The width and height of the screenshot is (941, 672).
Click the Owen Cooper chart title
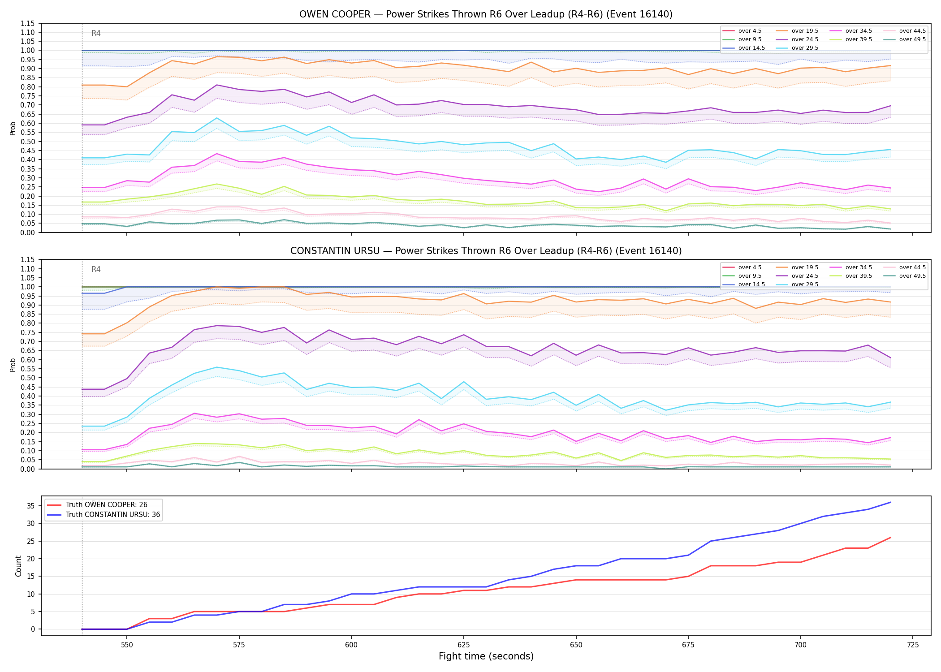486,14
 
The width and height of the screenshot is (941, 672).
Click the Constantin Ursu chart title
486,251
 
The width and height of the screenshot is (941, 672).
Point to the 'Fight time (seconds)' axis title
486,656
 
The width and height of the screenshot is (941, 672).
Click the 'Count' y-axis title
18,566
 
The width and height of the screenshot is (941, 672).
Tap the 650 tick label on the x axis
576,645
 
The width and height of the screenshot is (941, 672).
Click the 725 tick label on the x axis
913,645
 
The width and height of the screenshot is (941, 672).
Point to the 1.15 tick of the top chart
28,23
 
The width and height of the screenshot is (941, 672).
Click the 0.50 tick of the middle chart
28,378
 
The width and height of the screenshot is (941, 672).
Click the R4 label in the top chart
96,33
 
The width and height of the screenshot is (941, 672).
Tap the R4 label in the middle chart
96,269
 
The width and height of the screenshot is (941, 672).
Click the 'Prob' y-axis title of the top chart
13,128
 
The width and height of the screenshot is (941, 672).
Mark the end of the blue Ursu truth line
890,502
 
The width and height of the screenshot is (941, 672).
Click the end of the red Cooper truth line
890,538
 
